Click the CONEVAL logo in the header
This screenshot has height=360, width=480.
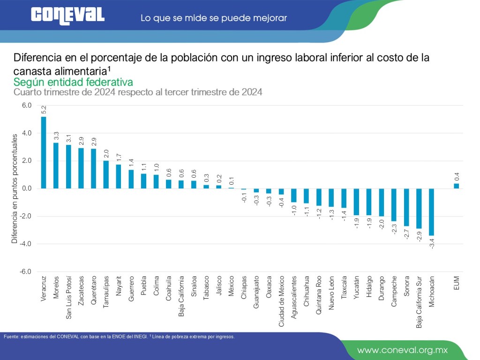68,15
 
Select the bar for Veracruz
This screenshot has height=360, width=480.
44,152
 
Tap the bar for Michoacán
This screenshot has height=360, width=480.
431,212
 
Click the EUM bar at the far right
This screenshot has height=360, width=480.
456,186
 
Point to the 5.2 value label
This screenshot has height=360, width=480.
44,110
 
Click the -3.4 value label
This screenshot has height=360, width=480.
432,243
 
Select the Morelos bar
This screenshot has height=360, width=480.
56,165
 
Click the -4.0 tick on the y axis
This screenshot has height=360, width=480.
26,244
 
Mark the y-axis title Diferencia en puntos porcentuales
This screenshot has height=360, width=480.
15,188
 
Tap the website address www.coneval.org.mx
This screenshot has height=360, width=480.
403,350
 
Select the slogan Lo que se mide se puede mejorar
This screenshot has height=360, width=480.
213,18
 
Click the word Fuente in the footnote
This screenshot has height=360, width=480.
12,337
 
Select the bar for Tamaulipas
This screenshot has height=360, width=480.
106,174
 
